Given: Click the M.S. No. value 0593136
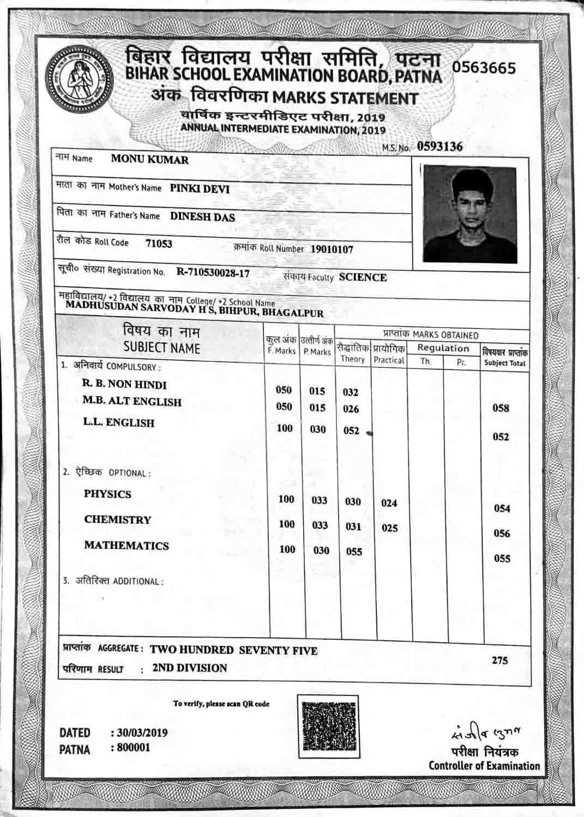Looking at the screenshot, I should pyautogui.click(x=440, y=147).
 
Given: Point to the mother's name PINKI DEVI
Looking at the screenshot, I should pyautogui.click(x=200, y=189).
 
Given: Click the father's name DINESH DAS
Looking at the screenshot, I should pyautogui.click(x=202, y=217).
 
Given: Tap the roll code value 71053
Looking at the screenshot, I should pyautogui.click(x=159, y=244).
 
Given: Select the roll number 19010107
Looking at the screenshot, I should pyautogui.click(x=332, y=250).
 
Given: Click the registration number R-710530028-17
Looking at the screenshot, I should pyautogui.click(x=213, y=273).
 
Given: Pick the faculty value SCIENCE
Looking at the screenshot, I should pyautogui.click(x=363, y=277).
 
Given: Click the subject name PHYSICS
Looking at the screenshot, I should pyautogui.click(x=107, y=494).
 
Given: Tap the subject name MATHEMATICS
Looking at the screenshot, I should pyautogui.click(x=127, y=546).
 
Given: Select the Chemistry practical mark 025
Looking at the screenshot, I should pyautogui.click(x=389, y=528).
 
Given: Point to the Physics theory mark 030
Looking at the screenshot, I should pyautogui.click(x=353, y=501).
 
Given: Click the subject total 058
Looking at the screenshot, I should pyautogui.click(x=501, y=408).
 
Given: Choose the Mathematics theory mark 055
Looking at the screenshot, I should pyautogui.click(x=354, y=552).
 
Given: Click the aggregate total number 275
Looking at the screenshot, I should pyautogui.click(x=499, y=661).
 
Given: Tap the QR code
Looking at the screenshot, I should pyautogui.click(x=328, y=727).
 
